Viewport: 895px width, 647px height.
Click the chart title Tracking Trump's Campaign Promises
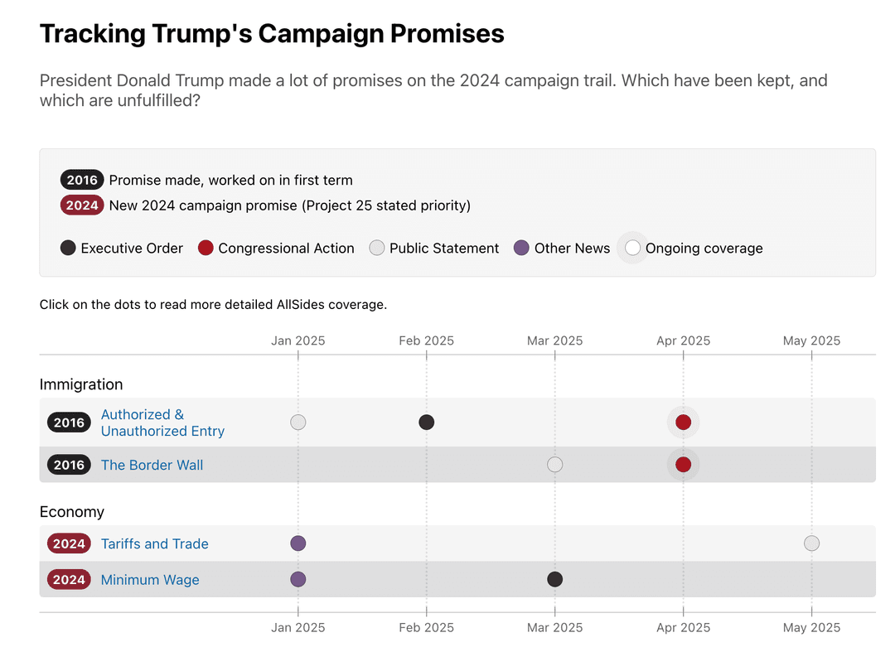[272, 34]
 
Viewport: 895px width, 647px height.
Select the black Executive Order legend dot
[68, 248]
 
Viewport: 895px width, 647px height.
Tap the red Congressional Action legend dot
[206, 248]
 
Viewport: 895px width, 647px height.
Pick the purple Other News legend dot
[521, 248]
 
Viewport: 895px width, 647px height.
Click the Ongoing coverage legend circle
[633, 248]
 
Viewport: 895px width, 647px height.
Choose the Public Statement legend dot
[377, 248]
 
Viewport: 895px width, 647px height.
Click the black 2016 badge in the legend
[82, 180]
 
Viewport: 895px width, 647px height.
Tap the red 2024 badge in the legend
[82, 205]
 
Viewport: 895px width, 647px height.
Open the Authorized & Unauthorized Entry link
[162, 422]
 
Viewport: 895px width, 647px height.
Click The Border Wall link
[152, 465]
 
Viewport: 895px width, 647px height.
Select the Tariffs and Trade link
[154, 543]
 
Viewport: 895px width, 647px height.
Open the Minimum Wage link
[150, 580]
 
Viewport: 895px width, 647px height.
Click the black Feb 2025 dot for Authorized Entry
[427, 422]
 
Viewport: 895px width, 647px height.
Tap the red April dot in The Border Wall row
[683, 465]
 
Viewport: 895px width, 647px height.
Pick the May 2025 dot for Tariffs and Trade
[811, 543]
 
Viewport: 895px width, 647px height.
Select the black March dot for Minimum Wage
[555, 579]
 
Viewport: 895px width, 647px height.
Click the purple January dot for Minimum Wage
[298, 579]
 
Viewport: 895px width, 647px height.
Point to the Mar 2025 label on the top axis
[555, 340]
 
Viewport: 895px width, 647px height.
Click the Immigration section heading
[81, 384]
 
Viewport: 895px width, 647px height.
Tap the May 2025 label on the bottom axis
[811, 627]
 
